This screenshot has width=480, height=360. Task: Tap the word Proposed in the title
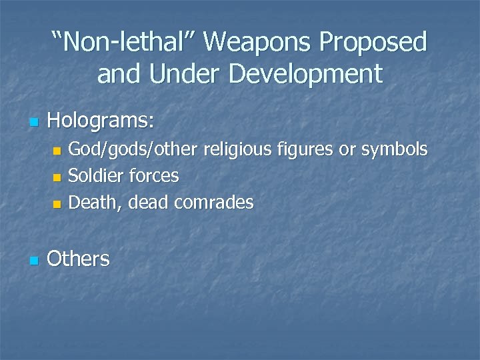pos(373,42)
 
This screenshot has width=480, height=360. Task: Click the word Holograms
pos(101,121)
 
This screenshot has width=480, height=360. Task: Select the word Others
pos(78,258)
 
